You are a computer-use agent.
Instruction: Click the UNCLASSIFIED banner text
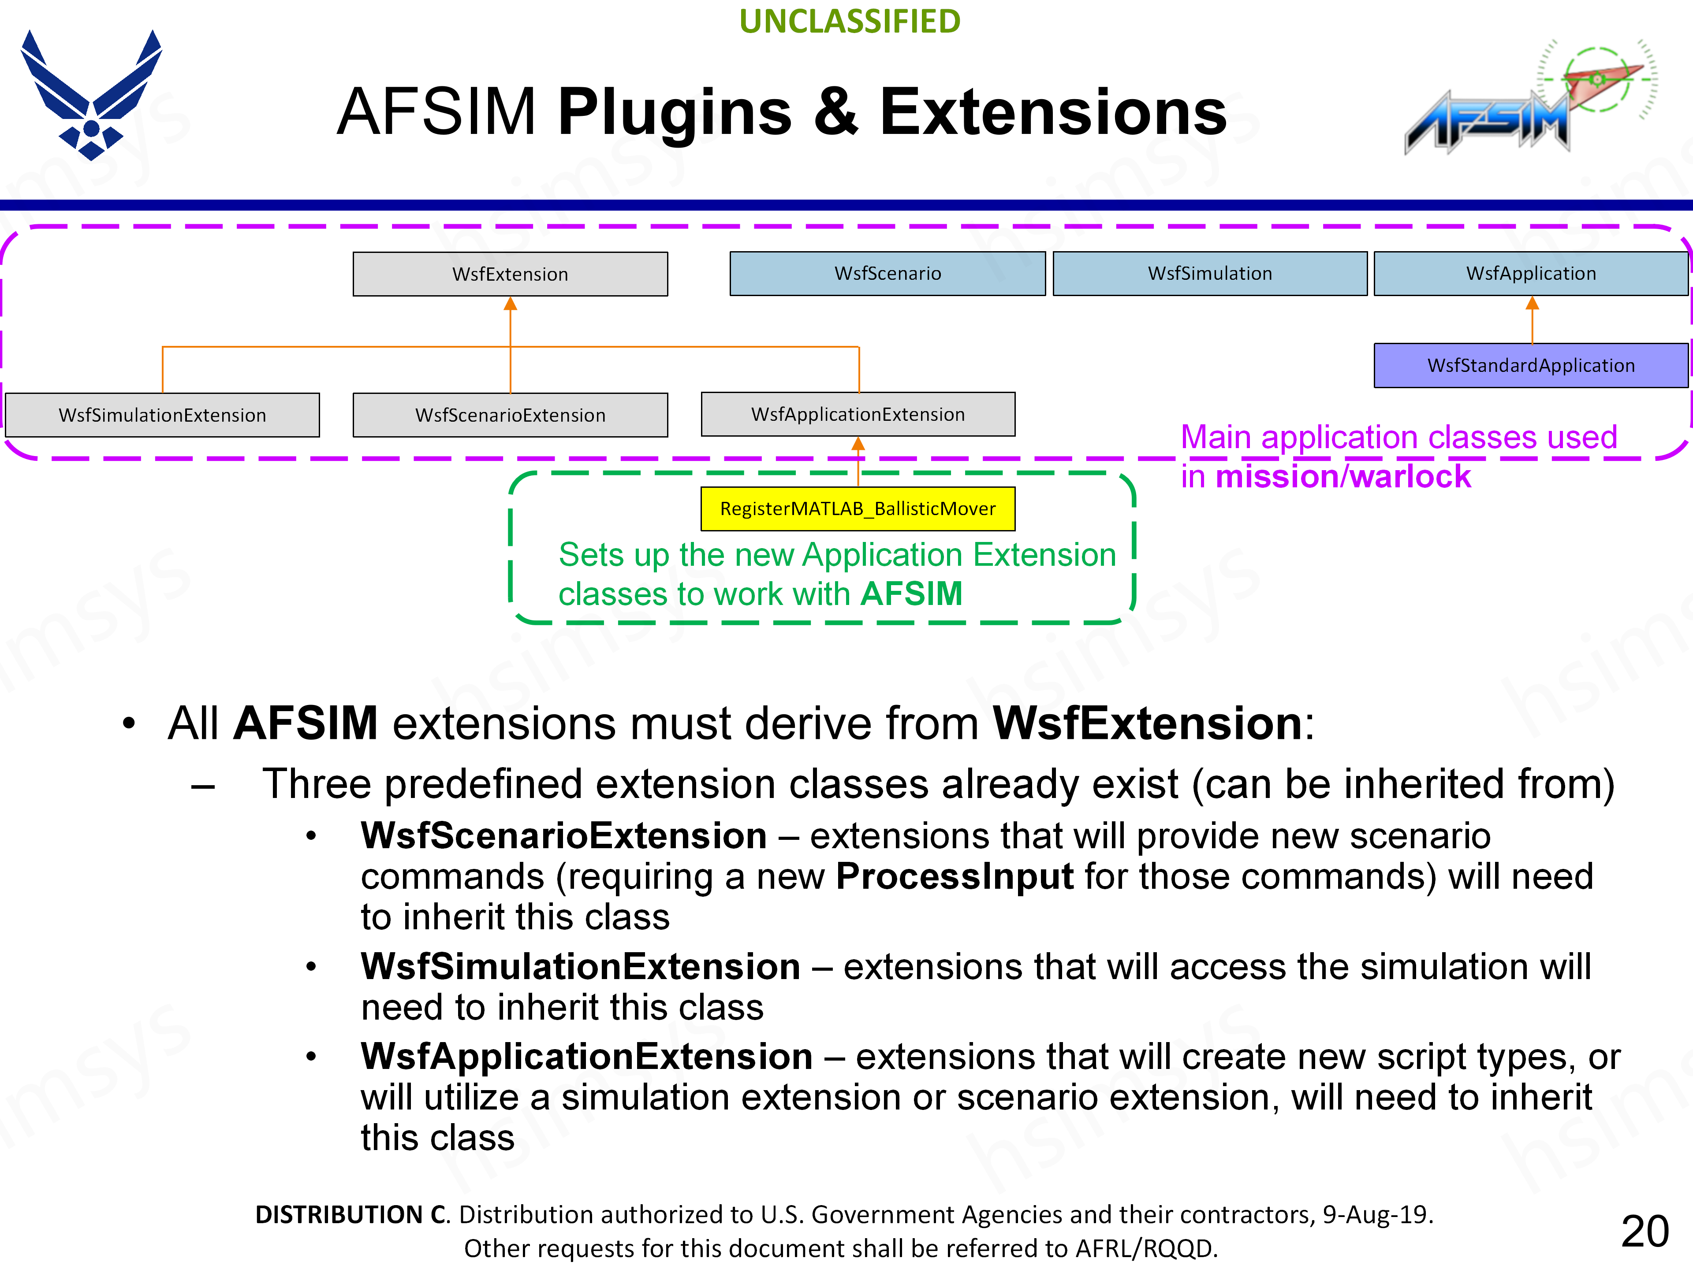pos(850,22)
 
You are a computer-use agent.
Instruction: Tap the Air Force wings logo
pos(91,96)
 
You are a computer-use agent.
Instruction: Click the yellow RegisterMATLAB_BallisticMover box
pos(858,508)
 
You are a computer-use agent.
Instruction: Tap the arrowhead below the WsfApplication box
pos(1532,304)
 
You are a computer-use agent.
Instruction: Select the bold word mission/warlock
pos(1343,477)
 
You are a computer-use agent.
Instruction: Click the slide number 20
pos(1644,1232)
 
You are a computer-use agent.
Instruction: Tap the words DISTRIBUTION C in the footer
pos(351,1215)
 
